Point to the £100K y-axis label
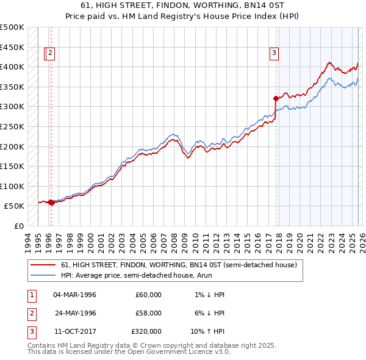(12, 186)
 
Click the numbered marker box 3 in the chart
(274, 54)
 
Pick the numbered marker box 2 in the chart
(50, 54)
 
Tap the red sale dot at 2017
(276, 98)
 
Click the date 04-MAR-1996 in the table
(74, 295)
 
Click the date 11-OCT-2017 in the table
(74, 331)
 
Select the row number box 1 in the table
(30, 295)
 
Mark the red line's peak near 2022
(329, 62)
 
